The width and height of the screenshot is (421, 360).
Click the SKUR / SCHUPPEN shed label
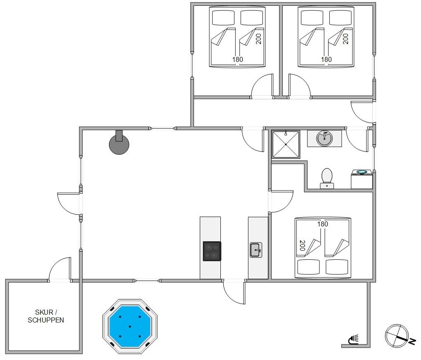(46, 316)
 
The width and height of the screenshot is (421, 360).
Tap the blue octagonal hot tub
(130, 327)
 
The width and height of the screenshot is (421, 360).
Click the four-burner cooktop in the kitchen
(212, 251)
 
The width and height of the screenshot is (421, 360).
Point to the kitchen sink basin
(256, 250)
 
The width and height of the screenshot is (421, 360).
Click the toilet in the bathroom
(327, 179)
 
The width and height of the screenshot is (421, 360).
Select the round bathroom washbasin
(324, 139)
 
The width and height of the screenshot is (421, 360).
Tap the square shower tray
(286, 144)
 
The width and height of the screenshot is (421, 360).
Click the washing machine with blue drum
(362, 179)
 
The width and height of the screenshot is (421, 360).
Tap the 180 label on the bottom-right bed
(322, 224)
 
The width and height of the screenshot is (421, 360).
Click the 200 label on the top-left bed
(258, 39)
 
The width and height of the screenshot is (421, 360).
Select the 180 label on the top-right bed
(326, 59)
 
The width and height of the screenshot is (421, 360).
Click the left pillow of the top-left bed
(223, 18)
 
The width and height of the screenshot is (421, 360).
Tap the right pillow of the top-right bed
(341, 18)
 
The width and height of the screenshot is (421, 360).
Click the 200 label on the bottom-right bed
(302, 245)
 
